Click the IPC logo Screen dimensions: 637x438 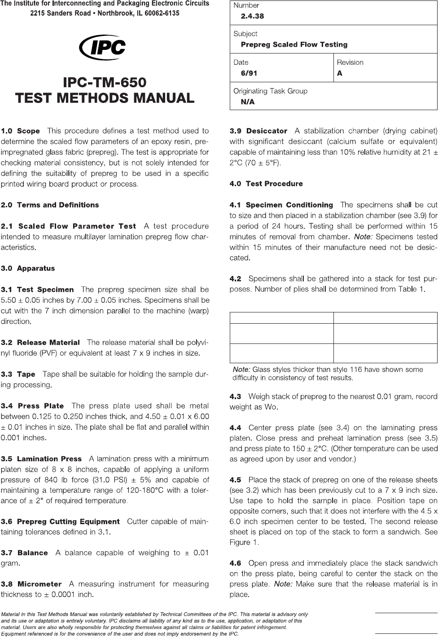tap(102, 47)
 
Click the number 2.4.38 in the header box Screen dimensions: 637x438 tap(252, 16)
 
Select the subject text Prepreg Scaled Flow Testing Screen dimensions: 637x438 tap(294, 45)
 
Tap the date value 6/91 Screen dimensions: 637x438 tap(249, 73)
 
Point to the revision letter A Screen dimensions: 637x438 tap(340, 73)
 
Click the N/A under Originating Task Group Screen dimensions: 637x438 tap(247, 102)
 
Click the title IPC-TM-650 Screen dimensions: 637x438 tap(105, 82)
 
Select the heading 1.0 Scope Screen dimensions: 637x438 tap(21, 131)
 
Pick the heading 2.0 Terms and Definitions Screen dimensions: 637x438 tap(50, 205)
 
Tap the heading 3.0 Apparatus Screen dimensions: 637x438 tap(28, 268)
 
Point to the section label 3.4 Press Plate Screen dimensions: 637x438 tap(32, 406)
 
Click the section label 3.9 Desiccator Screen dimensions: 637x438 tap(258, 131)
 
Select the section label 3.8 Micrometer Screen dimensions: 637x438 tap(31, 584)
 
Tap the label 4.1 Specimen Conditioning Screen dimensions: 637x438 tap(281, 205)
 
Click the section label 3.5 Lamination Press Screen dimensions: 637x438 tap(41, 459)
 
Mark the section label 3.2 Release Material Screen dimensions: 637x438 tap(40, 343)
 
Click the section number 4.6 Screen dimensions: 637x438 tap(235, 563)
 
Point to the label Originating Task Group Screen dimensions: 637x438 tap(270, 91)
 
